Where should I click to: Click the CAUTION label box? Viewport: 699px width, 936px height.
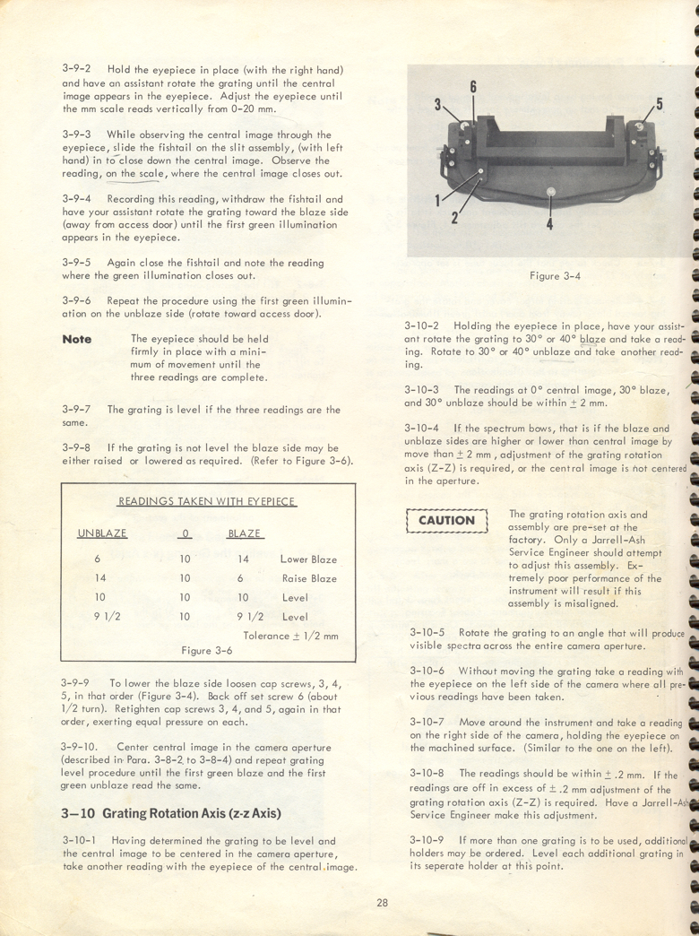tap(446, 520)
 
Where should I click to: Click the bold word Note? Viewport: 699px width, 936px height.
tap(77, 339)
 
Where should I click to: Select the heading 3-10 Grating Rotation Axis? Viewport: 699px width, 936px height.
tap(173, 813)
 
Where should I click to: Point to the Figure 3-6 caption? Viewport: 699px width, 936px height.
tap(207, 650)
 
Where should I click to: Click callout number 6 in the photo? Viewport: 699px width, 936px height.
tap(472, 87)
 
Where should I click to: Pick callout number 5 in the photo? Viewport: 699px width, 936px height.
tap(659, 104)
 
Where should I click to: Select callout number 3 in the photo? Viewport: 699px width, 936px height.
tap(438, 105)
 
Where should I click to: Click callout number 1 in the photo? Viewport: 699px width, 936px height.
tap(438, 199)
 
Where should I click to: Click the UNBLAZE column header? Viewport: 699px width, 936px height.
tap(102, 533)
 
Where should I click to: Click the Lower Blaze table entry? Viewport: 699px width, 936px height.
tap(308, 559)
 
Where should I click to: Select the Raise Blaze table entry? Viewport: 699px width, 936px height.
tap(309, 578)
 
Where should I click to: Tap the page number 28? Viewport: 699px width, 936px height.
tap(383, 903)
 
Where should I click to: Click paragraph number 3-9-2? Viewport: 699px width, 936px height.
tap(77, 70)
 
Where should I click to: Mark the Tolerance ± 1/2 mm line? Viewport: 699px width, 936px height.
tap(289, 636)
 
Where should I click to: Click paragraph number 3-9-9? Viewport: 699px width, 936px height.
tap(77, 682)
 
